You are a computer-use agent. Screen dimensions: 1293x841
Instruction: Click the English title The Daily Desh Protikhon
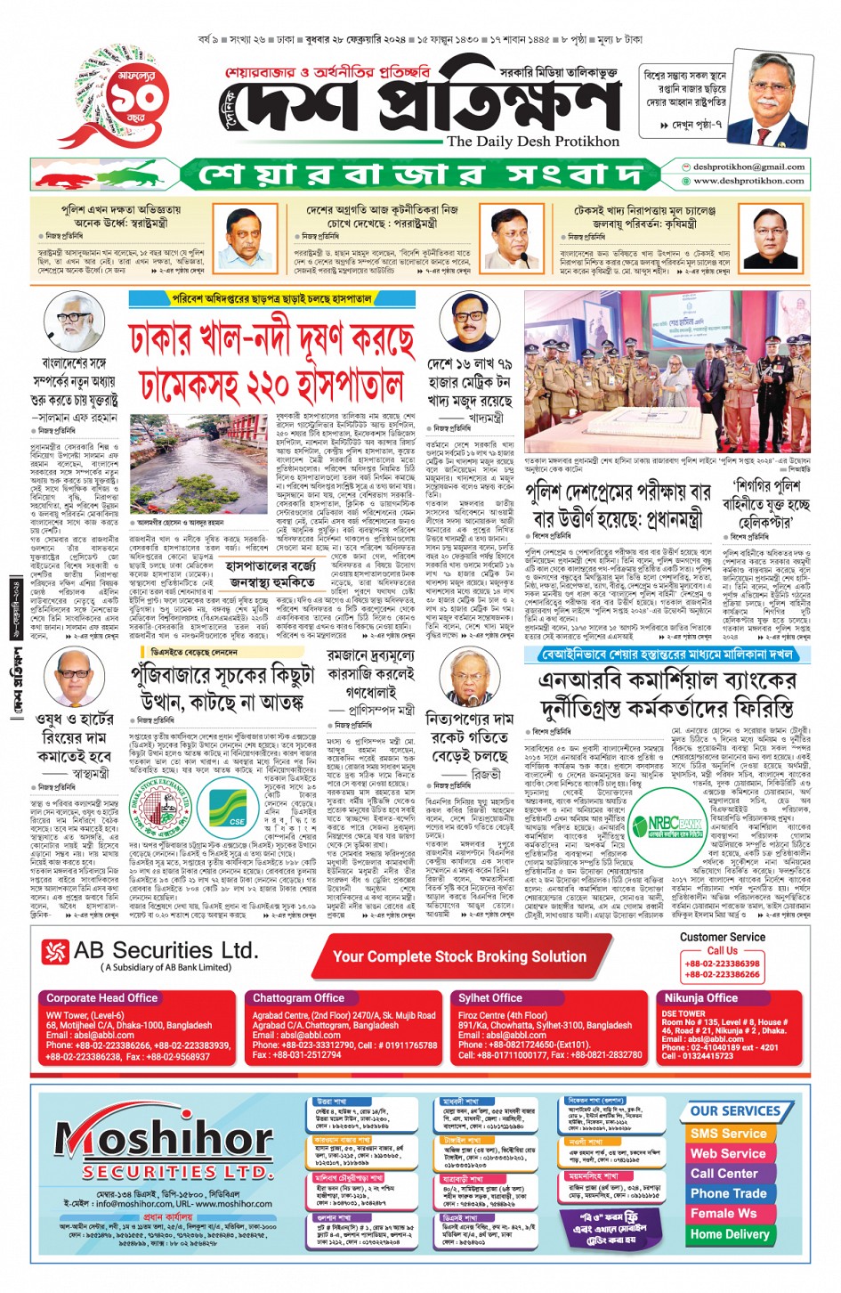532,141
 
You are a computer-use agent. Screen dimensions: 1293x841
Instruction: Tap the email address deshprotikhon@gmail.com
748,167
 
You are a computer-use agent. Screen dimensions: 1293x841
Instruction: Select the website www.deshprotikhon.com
748,181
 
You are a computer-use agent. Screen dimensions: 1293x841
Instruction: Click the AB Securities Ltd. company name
166,951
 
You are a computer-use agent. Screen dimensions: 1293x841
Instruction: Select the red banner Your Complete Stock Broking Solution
459,957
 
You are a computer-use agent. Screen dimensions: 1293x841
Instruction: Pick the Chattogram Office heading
298,998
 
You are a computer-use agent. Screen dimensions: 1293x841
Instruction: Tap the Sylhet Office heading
490,998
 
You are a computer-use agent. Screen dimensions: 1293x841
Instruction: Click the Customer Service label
722,937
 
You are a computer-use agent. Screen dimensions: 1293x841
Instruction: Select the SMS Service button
728,1134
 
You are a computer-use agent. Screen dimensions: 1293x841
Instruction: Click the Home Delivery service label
729,1234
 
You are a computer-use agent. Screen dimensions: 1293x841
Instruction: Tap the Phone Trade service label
728,1193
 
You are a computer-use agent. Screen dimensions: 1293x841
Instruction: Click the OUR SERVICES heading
735,1111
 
